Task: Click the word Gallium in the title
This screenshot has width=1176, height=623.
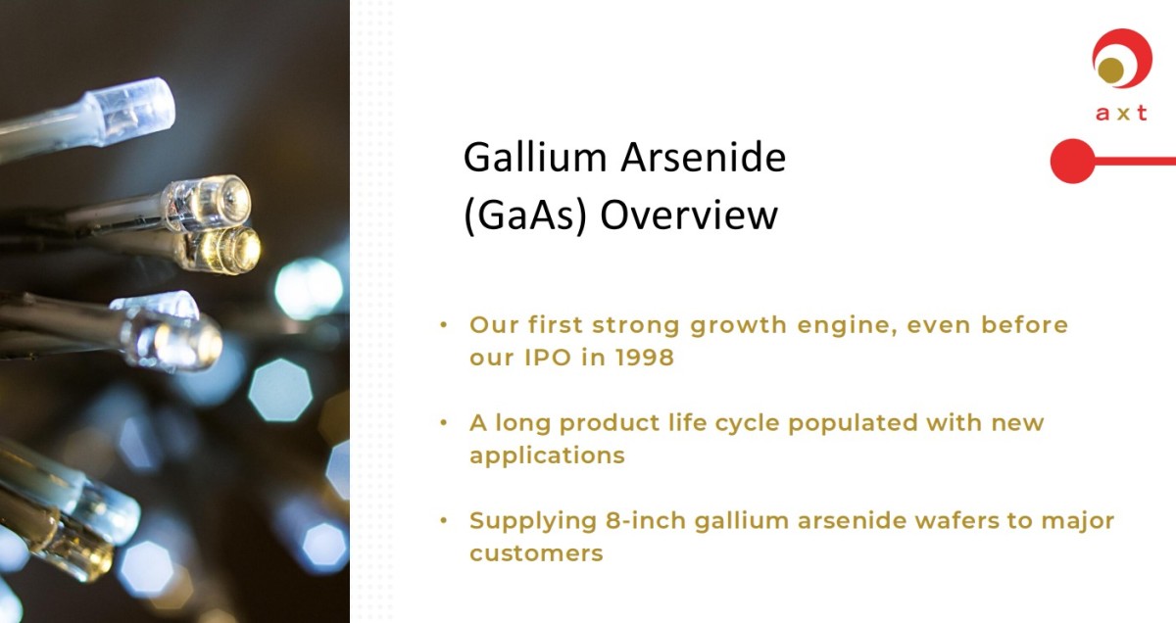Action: pos(534,157)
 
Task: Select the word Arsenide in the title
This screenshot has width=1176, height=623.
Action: pos(704,157)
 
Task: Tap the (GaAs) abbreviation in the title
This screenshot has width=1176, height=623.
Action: pos(525,216)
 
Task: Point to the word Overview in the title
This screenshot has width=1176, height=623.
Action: pos(689,216)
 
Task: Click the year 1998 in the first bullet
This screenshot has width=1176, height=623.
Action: pos(645,358)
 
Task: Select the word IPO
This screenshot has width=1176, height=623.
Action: pos(548,358)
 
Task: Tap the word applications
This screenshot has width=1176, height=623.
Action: pos(547,455)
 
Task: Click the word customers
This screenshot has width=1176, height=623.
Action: pos(536,553)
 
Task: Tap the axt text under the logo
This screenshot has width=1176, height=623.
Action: pos(1121,113)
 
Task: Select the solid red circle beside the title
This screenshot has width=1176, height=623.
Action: pos(1072,161)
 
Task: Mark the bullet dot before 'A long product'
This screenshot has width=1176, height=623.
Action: pos(444,422)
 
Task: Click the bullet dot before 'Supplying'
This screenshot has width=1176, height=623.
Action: pos(444,521)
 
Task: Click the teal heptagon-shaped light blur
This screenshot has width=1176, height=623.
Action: pos(280,390)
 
